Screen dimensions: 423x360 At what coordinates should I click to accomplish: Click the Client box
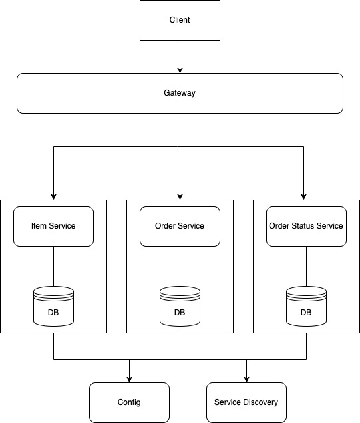pyautogui.click(x=180, y=20)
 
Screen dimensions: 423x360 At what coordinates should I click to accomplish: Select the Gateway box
pyautogui.click(x=180, y=93)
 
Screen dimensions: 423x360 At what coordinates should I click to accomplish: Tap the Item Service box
pyautogui.click(x=53, y=226)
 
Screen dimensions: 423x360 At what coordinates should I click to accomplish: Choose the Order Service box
pyautogui.click(x=180, y=226)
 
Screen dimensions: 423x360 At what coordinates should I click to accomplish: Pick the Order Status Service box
pyautogui.click(x=306, y=226)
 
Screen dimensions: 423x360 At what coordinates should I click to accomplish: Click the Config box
pyautogui.click(x=129, y=402)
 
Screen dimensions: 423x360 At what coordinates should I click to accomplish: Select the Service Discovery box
pyautogui.click(x=246, y=402)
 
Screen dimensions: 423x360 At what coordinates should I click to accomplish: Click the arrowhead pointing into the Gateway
pyautogui.click(x=180, y=69)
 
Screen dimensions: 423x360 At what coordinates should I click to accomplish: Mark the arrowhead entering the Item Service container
pyautogui.click(x=53, y=195)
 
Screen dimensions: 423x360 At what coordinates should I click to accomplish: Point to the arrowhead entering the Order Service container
pyautogui.click(x=180, y=195)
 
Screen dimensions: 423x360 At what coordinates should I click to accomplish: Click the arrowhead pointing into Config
pyautogui.click(x=129, y=378)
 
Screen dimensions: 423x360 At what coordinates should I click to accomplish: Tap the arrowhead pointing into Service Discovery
pyautogui.click(x=246, y=378)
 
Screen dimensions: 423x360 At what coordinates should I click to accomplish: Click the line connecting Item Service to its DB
pyautogui.click(x=53, y=266)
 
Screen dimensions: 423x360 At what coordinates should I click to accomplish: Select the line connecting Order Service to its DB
pyautogui.click(x=180, y=266)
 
